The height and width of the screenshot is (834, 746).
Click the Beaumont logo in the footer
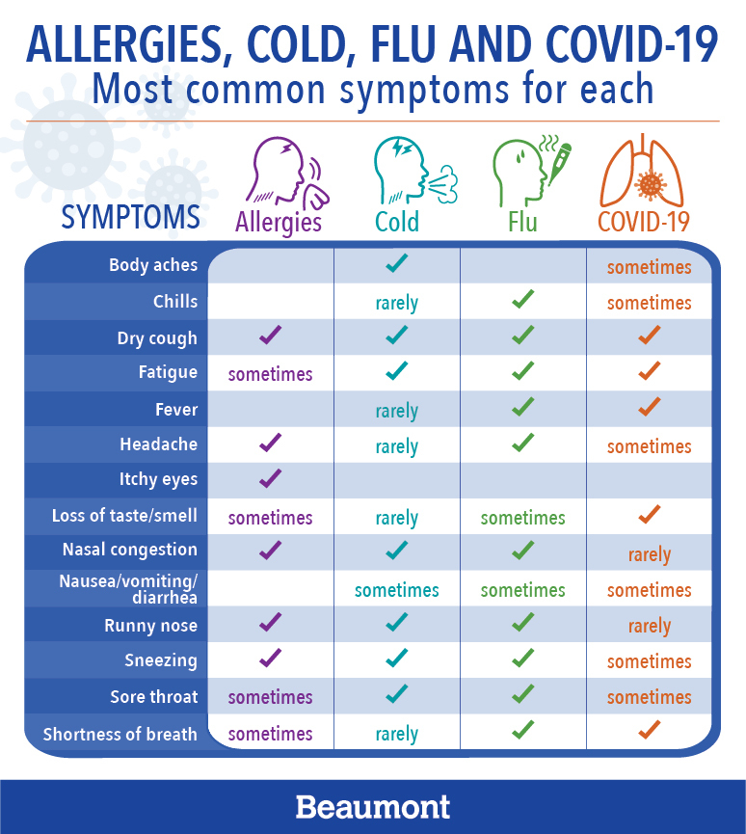click(373, 807)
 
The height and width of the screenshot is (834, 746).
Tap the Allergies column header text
click(279, 223)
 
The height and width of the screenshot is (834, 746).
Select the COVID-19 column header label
click(644, 222)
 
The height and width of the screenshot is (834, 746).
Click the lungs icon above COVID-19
click(642, 171)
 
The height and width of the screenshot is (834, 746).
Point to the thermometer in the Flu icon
click(559, 164)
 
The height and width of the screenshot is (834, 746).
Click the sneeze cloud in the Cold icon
click(444, 184)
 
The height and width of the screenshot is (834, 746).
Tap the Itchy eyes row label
click(158, 479)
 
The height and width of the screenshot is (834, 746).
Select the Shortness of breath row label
click(120, 734)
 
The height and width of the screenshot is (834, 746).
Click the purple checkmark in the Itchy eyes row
click(270, 478)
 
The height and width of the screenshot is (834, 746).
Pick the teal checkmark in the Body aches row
click(397, 263)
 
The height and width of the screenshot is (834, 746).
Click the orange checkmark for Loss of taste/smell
click(650, 514)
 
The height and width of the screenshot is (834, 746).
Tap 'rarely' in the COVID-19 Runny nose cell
click(650, 627)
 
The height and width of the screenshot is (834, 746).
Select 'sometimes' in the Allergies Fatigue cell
click(270, 374)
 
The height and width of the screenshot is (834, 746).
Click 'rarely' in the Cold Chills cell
click(397, 304)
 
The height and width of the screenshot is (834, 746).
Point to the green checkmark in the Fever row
click(522, 407)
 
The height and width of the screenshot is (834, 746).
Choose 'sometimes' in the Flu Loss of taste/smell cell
click(522, 518)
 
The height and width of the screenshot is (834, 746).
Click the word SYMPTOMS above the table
click(131, 217)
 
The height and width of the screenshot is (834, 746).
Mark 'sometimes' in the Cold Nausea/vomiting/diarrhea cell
click(397, 590)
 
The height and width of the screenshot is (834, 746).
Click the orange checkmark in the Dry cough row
click(650, 335)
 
